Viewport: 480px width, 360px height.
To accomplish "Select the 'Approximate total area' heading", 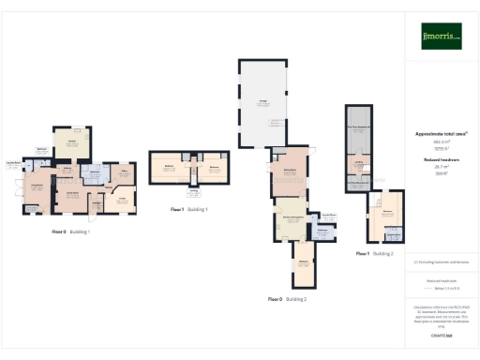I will click(x=441, y=134).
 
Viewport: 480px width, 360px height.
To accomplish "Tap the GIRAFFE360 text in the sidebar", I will click(x=441, y=335).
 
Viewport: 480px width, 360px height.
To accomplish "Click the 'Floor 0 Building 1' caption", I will click(x=70, y=231).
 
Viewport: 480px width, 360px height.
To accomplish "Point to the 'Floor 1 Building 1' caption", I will click(x=187, y=209).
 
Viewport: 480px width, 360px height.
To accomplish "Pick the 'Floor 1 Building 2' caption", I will click(x=374, y=253).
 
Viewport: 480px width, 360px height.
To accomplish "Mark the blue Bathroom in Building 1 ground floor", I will click(x=95, y=174).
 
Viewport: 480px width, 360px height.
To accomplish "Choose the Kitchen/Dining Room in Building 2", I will click(x=290, y=217).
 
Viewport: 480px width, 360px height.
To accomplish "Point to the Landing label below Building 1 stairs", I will click(x=193, y=193).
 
